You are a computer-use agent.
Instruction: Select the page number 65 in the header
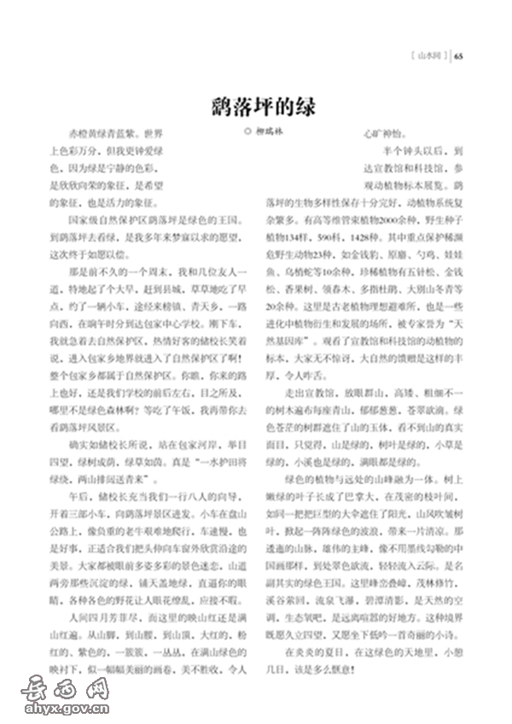(459, 57)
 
